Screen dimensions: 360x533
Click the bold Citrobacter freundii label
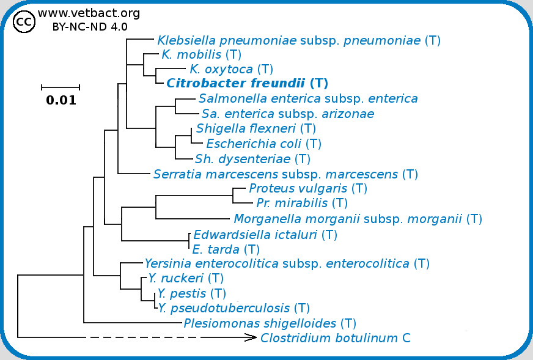(x=248, y=84)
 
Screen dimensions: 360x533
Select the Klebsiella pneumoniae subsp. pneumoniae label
(x=299, y=41)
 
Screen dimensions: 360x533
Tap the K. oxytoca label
(x=231, y=69)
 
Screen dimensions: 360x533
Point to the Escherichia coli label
(x=263, y=144)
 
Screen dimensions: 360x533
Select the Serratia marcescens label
(x=285, y=174)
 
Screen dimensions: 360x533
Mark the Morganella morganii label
(x=358, y=218)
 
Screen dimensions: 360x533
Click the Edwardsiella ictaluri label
(x=265, y=234)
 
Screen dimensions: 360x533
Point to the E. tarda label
(x=226, y=249)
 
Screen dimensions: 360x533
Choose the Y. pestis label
(x=192, y=293)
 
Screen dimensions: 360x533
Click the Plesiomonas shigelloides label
(x=270, y=323)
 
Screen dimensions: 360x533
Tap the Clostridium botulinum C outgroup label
(x=335, y=338)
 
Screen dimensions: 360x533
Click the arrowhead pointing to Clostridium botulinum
(x=250, y=337)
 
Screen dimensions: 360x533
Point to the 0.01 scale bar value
(x=61, y=101)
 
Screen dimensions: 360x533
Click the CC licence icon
(x=24, y=23)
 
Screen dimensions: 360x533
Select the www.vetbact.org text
(x=89, y=13)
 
